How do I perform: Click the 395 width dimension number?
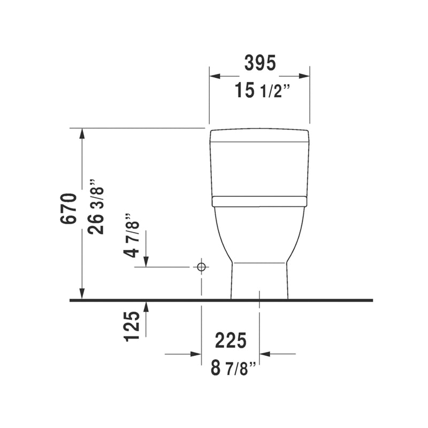[260, 63]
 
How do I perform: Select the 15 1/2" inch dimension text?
[261, 90]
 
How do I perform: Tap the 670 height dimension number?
[70, 209]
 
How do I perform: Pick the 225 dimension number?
[231, 340]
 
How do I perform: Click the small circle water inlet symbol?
[201, 266]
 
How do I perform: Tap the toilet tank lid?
[259, 135]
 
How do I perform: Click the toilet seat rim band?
[259, 201]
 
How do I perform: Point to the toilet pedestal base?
[259, 281]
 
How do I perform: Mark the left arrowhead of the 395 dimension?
[215, 76]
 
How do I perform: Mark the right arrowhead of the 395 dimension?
[304, 76]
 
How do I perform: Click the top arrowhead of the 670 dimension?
[82, 133]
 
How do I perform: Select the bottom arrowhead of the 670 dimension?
[82, 294]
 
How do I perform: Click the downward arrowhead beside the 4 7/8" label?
[146, 261]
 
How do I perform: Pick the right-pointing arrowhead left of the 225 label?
[196, 354]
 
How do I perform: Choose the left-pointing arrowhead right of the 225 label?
[265, 354]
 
